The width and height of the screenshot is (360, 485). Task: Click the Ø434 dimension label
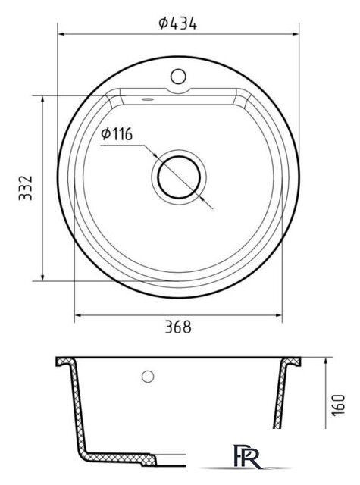click(178, 23)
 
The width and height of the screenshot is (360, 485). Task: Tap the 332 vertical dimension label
click(25, 188)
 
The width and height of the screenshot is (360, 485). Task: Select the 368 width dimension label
click(178, 327)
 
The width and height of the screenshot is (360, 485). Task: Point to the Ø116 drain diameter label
click(117, 134)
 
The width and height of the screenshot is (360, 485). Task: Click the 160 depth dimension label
click(338, 405)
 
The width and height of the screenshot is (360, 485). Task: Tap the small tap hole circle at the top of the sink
click(178, 76)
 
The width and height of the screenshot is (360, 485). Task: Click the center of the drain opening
click(179, 177)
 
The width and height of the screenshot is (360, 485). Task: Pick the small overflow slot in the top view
click(148, 99)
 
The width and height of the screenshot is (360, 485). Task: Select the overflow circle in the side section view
click(148, 376)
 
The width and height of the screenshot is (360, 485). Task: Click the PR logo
click(247, 456)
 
